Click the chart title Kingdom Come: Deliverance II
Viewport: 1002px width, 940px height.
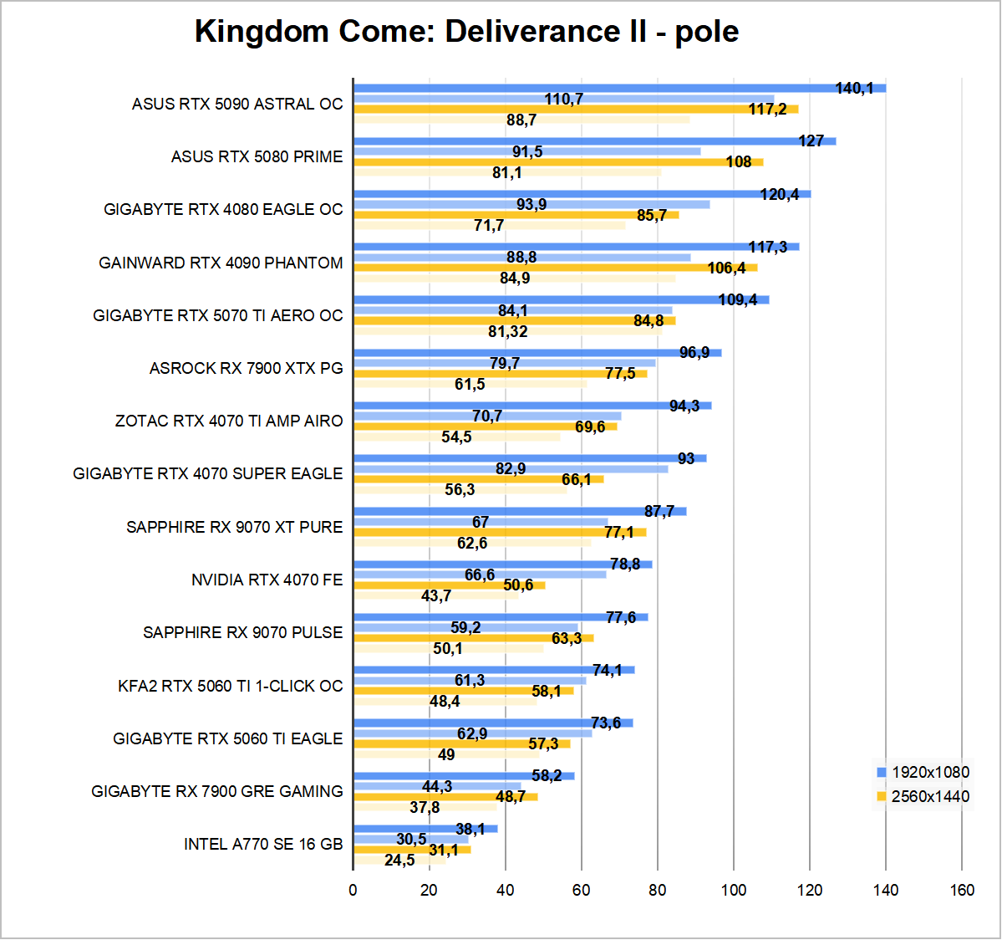pos(466,32)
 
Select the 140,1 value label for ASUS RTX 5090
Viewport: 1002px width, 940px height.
pos(854,89)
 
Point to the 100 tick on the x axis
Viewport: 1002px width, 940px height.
pos(734,890)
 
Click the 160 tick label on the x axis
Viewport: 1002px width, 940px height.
pos(962,890)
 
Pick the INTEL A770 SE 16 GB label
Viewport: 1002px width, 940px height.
pos(263,845)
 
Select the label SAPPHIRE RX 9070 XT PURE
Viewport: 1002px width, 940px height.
pos(234,528)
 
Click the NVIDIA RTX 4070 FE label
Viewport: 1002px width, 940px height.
pos(267,580)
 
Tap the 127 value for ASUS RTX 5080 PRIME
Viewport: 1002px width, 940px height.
pos(811,141)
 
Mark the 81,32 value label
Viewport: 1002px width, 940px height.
pos(508,332)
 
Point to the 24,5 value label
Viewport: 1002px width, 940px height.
pos(399,861)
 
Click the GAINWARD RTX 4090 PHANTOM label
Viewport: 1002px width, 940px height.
pos(221,263)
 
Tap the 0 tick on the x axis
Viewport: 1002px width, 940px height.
pos(353,890)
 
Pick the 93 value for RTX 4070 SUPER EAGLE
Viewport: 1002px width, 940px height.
pos(686,459)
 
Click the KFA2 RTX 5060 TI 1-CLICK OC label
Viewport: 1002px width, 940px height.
pos(230,687)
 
